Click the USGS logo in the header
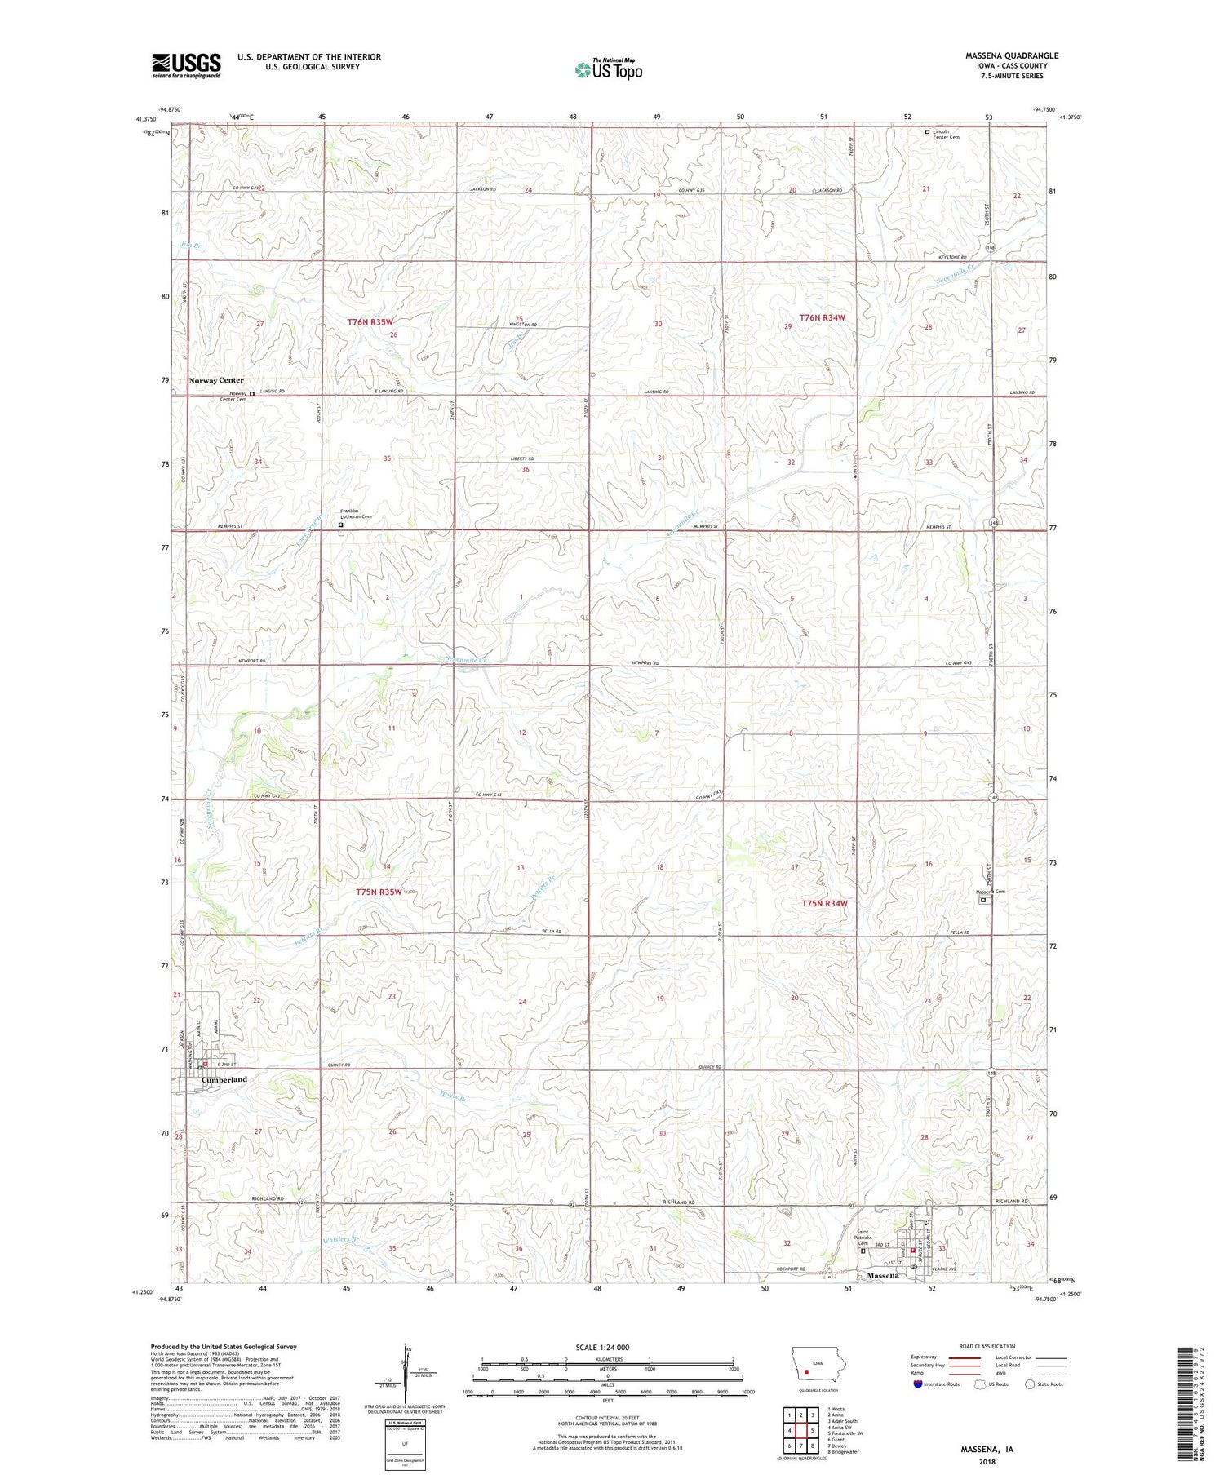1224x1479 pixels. pyautogui.click(x=186, y=65)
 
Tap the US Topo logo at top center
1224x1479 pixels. pyautogui.click(x=608, y=70)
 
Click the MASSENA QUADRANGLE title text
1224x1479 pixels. pyautogui.click(x=1011, y=56)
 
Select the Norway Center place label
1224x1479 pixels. pyautogui.click(x=216, y=381)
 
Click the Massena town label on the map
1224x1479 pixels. pyautogui.click(x=883, y=1275)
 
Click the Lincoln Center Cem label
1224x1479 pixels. pyautogui.click(x=946, y=135)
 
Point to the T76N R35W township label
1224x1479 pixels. pyautogui.click(x=375, y=323)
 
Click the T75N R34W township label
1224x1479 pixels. pyautogui.click(x=824, y=904)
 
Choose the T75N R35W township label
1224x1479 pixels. pyautogui.click(x=379, y=892)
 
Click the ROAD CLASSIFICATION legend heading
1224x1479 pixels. pyautogui.click(x=987, y=1347)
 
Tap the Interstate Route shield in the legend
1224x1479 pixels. pyautogui.click(x=918, y=1384)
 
